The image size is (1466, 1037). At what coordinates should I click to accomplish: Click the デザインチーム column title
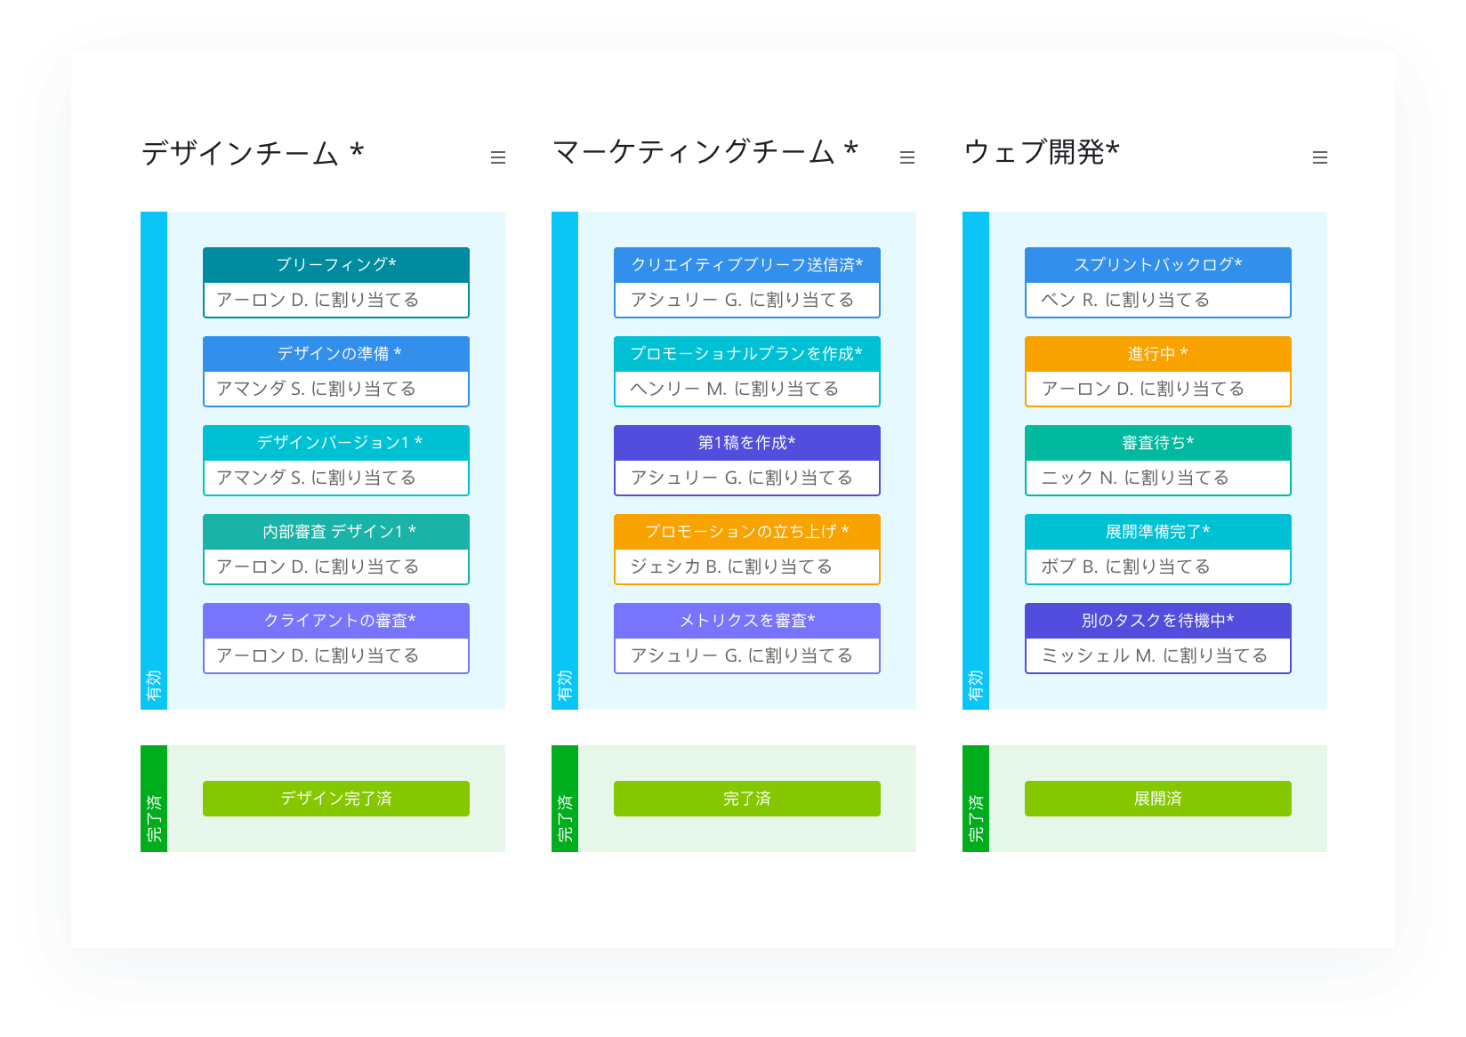click(252, 153)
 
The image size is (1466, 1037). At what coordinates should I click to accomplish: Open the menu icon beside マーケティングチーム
click(907, 157)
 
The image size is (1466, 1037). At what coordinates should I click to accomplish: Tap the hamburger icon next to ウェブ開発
click(1320, 157)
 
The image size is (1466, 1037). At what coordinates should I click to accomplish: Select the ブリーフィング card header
click(335, 265)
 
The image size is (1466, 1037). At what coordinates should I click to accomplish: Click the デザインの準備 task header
click(335, 354)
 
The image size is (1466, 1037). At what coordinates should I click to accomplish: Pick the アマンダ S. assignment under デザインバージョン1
click(335, 478)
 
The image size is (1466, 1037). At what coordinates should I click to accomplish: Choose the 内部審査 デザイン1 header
click(335, 532)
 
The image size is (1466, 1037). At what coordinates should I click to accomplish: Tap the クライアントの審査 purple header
click(335, 621)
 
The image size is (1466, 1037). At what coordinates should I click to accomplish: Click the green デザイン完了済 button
click(335, 798)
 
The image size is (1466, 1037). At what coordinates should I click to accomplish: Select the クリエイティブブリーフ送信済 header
click(746, 265)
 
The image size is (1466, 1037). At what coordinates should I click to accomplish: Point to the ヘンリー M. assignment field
click(746, 389)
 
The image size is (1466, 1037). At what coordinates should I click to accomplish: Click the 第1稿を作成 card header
click(746, 443)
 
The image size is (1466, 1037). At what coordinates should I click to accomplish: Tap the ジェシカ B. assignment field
click(746, 567)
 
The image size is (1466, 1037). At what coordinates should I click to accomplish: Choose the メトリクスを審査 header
click(746, 621)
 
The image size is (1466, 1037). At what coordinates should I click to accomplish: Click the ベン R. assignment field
click(1157, 300)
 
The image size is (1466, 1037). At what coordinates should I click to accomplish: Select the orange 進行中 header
click(1157, 354)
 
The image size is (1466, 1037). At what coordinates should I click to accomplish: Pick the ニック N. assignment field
click(1157, 478)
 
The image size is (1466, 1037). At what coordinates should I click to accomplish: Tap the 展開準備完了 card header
click(1157, 532)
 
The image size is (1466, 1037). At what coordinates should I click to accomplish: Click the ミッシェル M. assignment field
click(1157, 655)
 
